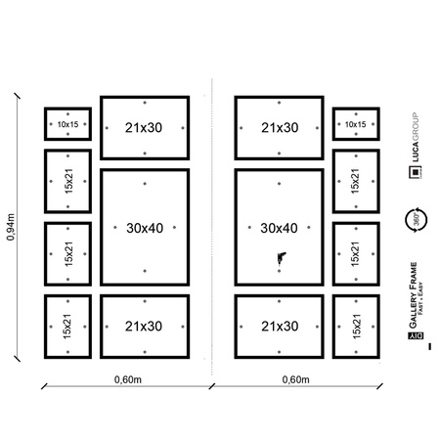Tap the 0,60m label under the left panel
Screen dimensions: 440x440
click(x=124, y=379)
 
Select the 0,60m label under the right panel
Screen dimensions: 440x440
click(x=296, y=379)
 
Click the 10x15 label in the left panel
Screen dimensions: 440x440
click(x=67, y=125)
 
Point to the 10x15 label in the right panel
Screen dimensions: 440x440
click(x=354, y=125)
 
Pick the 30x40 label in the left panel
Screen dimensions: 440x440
click(x=144, y=229)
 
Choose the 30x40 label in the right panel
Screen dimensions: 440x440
click(x=279, y=229)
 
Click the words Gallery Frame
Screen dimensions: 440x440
click(x=414, y=293)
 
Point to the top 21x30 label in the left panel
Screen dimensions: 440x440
click(x=144, y=127)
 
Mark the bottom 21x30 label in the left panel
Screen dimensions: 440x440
click(x=144, y=326)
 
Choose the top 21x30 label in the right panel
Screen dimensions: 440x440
click(x=279, y=127)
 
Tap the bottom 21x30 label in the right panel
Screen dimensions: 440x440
click(x=279, y=326)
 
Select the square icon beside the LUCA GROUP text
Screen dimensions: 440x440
click(x=415, y=173)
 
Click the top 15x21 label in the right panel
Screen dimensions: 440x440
click(x=354, y=181)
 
